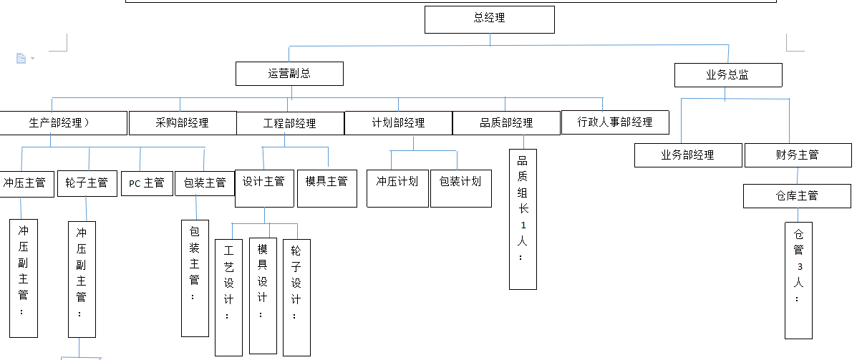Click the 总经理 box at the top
click(490, 19)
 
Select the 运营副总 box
click(289, 74)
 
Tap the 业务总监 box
click(728, 75)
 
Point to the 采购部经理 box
click(183, 123)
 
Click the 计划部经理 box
click(398, 123)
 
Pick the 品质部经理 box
click(506, 123)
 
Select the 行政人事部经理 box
click(615, 122)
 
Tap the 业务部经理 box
click(688, 155)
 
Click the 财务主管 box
click(798, 155)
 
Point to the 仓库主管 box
click(797, 196)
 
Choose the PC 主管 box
click(147, 183)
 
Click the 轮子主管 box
click(87, 183)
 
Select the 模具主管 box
click(326, 188)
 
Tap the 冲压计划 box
click(397, 188)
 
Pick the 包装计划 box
click(460, 188)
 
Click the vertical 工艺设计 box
click(228, 297)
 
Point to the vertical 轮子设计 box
click(296, 297)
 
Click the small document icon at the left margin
click(21, 58)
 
